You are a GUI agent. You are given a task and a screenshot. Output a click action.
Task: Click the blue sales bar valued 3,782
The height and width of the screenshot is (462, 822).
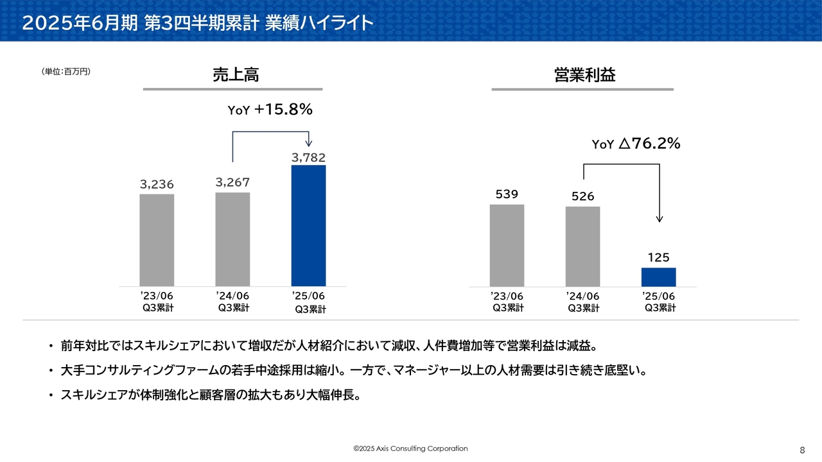(308, 225)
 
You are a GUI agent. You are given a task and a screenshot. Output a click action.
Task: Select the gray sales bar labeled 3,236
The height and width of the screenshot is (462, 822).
(157, 240)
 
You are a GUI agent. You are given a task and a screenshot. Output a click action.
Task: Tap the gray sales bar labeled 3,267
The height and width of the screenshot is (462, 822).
(232, 239)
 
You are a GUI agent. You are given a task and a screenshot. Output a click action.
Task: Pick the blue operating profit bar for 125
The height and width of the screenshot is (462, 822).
(658, 277)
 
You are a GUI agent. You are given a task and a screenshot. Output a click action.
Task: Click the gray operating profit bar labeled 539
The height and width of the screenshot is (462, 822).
(507, 246)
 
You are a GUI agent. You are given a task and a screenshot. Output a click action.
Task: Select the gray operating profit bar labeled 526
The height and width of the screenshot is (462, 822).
(582, 247)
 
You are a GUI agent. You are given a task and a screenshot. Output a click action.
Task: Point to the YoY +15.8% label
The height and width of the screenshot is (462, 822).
(270, 109)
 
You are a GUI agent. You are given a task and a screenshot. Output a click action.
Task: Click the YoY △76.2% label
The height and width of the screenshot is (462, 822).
(636, 143)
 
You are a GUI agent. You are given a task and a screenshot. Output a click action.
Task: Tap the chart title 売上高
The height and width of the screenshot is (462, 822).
(236, 74)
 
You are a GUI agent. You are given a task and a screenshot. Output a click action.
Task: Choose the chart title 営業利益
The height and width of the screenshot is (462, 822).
(584, 74)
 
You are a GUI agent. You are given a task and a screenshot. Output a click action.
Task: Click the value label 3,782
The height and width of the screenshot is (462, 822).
(309, 157)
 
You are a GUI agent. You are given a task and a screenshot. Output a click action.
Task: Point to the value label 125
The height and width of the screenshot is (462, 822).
(659, 257)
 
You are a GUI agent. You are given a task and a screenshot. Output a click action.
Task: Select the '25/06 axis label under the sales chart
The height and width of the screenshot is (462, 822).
(308, 296)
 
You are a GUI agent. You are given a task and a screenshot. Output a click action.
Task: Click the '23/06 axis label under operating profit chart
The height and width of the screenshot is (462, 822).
(507, 296)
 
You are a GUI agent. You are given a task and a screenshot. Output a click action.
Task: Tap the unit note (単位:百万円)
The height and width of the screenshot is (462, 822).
(66, 71)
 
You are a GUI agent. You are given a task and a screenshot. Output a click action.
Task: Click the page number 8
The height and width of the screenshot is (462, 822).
(802, 450)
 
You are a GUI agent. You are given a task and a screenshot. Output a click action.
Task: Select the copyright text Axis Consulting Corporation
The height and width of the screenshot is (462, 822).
(422, 449)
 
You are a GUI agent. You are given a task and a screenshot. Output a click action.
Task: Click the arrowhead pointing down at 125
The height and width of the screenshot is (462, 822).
(660, 219)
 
